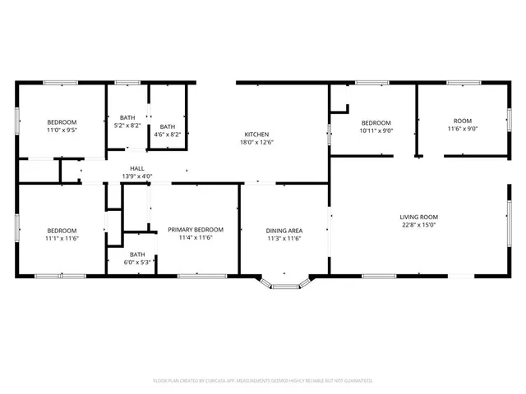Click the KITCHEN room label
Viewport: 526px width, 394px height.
pyautogui.click(x=256, y=135)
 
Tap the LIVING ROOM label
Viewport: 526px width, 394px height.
pyautogui.click(x=418, y=217)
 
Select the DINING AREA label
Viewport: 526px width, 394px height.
pyautogui.click(x=284, y=231)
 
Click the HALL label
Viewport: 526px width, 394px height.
pyautogui.click(x=136, y=168)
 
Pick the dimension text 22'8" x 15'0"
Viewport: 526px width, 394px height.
pyautogui.click(x=418, y=224)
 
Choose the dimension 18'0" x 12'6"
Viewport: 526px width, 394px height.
pyautogui.click(x=256, y=142)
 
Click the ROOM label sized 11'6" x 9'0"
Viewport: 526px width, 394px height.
pyautogui.click(x=463, y=122)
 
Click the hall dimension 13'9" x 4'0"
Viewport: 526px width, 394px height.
pyautogui.click(x=136, y=176)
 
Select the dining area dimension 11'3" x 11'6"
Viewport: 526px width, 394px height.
pyautogui.click(x=284, y=238)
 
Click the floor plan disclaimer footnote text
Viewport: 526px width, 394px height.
pyautogui.click(x=263, y=381)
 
